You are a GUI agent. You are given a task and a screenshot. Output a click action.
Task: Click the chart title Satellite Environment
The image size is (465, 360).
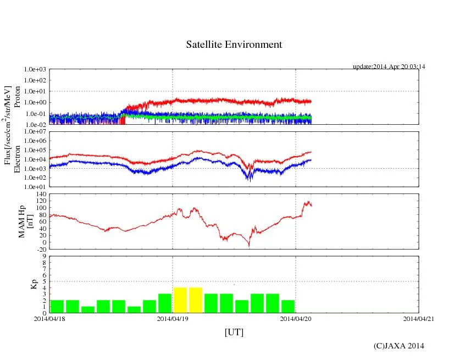click(234, 45)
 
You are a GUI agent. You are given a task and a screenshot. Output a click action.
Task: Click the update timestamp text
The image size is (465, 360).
click(389, 67)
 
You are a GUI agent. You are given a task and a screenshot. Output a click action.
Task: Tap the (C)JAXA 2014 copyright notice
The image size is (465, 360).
click(398, 346)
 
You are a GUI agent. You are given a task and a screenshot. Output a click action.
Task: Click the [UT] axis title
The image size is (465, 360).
click(234, 333)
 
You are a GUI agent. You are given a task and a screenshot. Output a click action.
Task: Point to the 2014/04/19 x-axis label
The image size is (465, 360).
click(172, 318)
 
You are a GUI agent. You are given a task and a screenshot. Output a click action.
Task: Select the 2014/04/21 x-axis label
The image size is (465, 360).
click(419, 318)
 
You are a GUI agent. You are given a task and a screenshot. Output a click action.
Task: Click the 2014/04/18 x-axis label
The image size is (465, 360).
click(49, 318)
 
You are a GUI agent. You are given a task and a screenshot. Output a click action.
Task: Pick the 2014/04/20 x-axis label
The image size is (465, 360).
click(296, 318)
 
